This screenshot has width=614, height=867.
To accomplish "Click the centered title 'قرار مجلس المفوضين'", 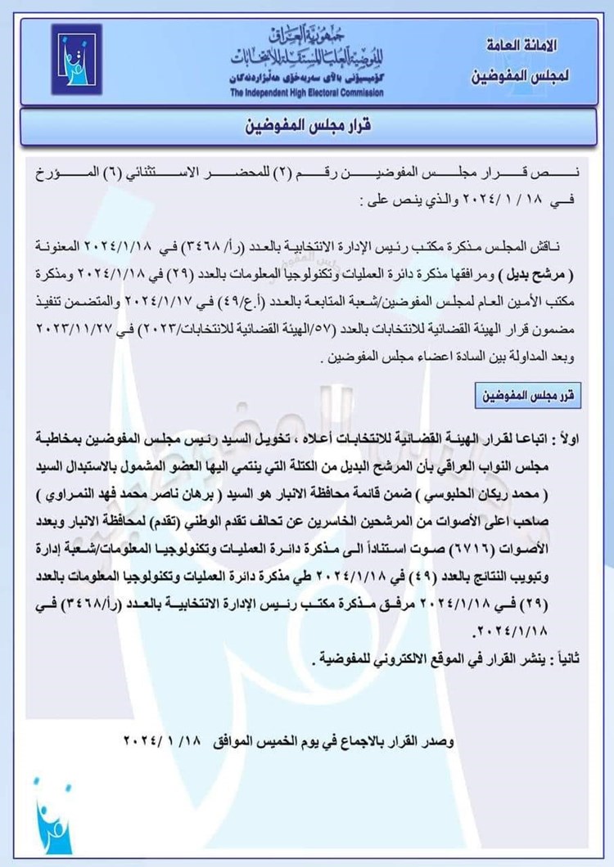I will point(307,128).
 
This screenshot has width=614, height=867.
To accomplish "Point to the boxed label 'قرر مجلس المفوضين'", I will point(526,396).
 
